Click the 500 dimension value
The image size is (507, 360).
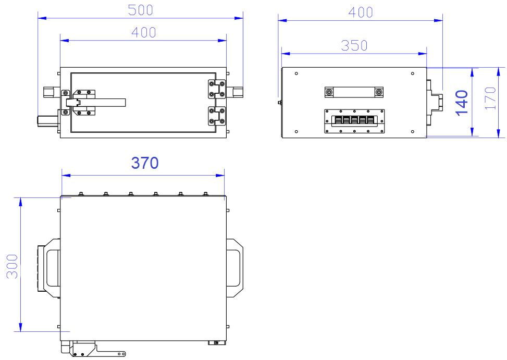point(140,10)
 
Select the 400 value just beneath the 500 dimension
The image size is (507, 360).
point(144,32)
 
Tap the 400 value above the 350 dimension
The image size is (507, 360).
point(361,13)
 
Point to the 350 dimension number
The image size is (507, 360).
point(354,45)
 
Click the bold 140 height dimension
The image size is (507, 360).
point(462,103)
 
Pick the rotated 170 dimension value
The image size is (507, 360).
point(490,98)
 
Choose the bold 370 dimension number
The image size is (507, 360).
point(145,163)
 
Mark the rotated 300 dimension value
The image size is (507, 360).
point(13,266)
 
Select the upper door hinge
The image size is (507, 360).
point(216,89)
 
